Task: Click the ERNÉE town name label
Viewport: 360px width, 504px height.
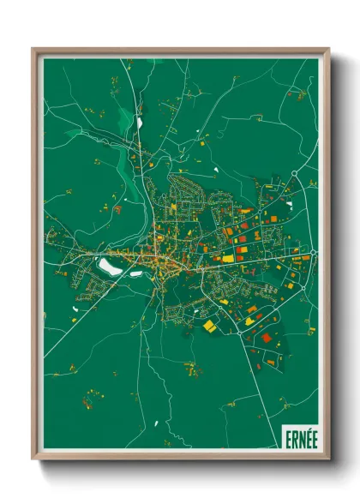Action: pos(299,436)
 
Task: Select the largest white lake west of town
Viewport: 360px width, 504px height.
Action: pos(109,267)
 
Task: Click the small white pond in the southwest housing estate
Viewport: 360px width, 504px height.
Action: pos(75,299)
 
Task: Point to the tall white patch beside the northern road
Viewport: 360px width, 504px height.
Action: pos(138,122)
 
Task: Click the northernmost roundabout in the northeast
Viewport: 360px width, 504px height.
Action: pos(293,174)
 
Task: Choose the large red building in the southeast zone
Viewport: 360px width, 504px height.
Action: pos(267,337)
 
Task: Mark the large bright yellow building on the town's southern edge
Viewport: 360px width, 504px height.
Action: pos(209,326)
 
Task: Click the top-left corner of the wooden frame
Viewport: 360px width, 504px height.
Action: pos(34,50)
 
